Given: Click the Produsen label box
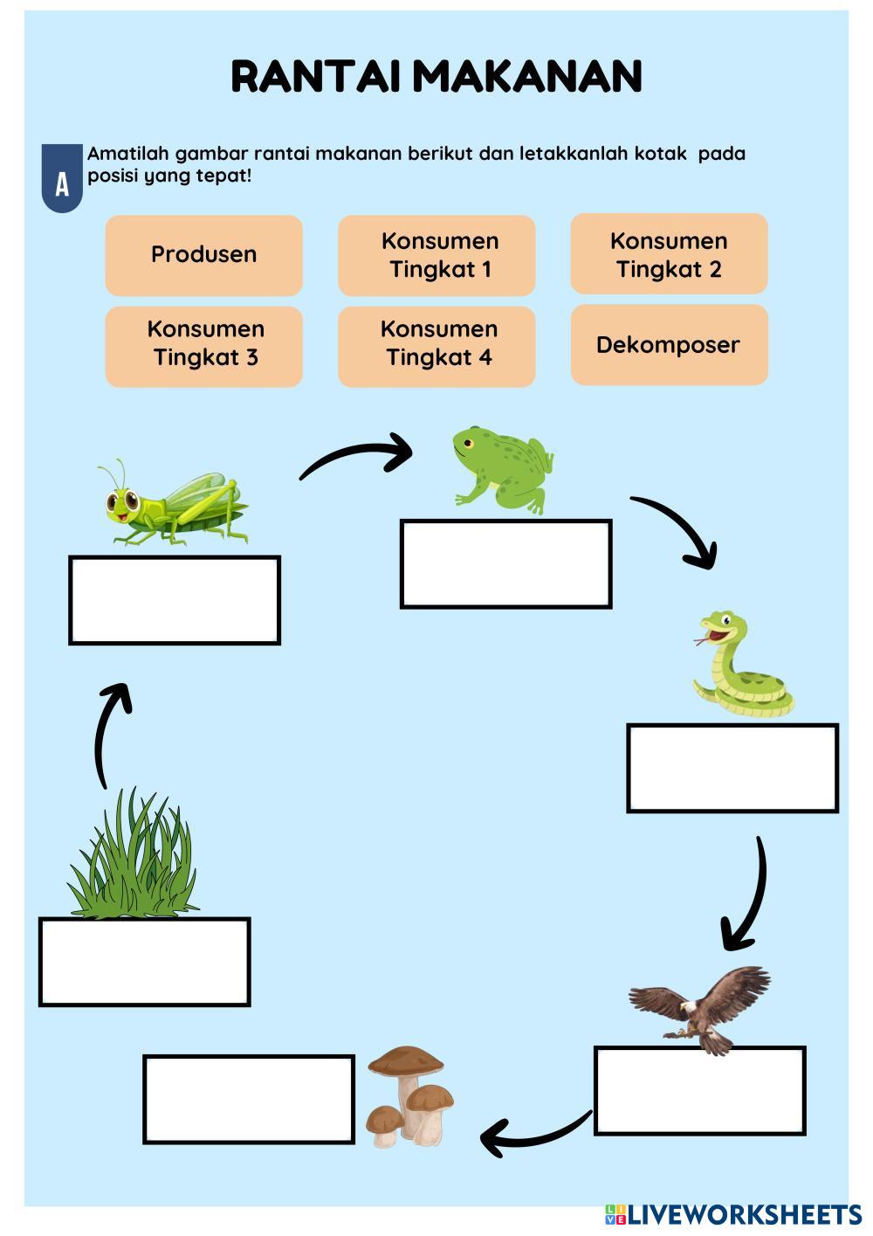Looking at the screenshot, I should [x=203, y=255].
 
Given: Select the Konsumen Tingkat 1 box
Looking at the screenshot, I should [x=436, y=255].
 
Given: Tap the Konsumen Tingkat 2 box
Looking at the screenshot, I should [x=669, y=254].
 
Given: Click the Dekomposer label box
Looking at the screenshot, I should [x=669, y=345].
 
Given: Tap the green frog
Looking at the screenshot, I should [x=503, y=468].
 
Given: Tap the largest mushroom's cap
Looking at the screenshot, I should [x=405, y=1062].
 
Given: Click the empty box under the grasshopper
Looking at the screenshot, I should [x=175, y=601].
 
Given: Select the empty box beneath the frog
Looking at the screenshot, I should [x=505, y=564].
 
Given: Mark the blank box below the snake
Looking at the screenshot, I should [x=732, y=768].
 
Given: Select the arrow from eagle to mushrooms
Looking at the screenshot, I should [x=533, y=1134].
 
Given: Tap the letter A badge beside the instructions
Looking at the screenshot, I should [x=62, y=182].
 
